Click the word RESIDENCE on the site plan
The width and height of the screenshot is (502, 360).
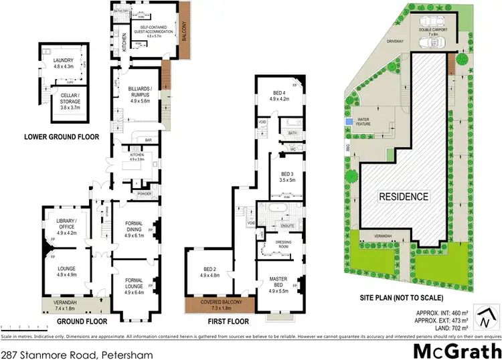coord(403,197)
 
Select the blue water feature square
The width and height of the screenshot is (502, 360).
coord(349,122)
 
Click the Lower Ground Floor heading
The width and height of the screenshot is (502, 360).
coord(62,137)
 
